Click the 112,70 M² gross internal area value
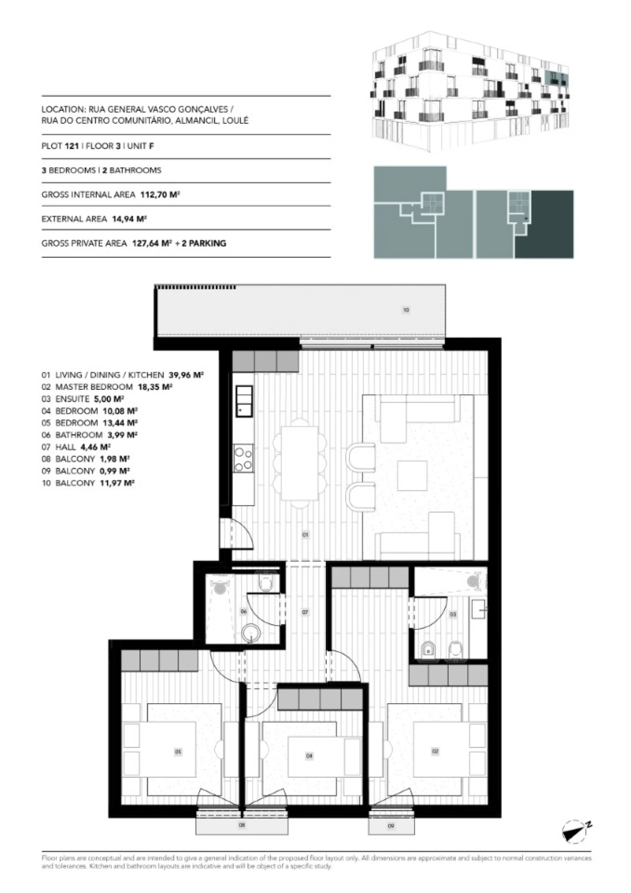(160, 195)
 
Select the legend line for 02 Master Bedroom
(107, 387)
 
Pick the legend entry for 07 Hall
(76, 447)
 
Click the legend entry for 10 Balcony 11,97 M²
(88, 483)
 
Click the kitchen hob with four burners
(244, 458)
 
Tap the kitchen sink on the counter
(244, 401)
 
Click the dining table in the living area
(300, 463)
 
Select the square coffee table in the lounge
(412, 475)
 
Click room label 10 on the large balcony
(406, 310)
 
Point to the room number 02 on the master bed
(435, 751)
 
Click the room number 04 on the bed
(309, 756)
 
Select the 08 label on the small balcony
(242, 824)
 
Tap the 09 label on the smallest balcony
(391, 825)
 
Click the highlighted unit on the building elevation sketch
(557, 78)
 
